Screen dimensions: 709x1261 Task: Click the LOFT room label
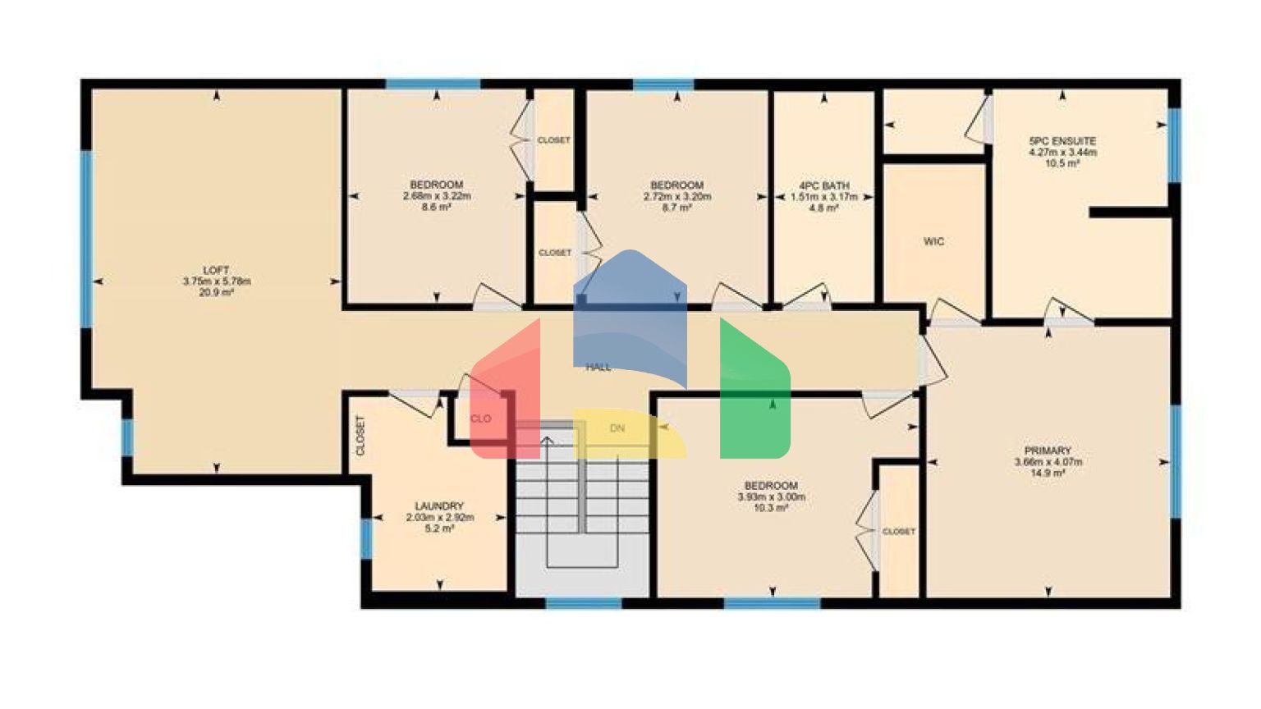click(217, 270)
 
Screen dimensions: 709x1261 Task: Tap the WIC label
click(933, 241)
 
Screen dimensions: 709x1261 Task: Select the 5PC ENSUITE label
click(1062, 141)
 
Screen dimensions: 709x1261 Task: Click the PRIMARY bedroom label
click(1048, 451)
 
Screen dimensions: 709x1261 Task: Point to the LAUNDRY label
click(439, 506)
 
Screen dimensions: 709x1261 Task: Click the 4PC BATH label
click(823, 186)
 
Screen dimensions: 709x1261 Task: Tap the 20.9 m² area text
click(217, 292)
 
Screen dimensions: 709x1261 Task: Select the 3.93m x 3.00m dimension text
click(771, 497)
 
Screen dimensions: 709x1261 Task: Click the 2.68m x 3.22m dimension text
click(437, 196)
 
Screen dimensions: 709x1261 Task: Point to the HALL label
click(598, 368)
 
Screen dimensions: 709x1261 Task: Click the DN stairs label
click(617, 428)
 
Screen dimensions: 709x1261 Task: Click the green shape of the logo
click(754, 394)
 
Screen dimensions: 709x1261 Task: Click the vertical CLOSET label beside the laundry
click(360, 436)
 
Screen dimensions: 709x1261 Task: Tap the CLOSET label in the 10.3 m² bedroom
click(898, 532)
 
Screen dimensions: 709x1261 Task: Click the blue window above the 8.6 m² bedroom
click(433, 84)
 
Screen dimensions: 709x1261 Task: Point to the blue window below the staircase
click(584, 604)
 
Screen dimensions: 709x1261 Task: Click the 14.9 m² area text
click(1048, 473)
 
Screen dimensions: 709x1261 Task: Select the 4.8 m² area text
click(823, 208)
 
